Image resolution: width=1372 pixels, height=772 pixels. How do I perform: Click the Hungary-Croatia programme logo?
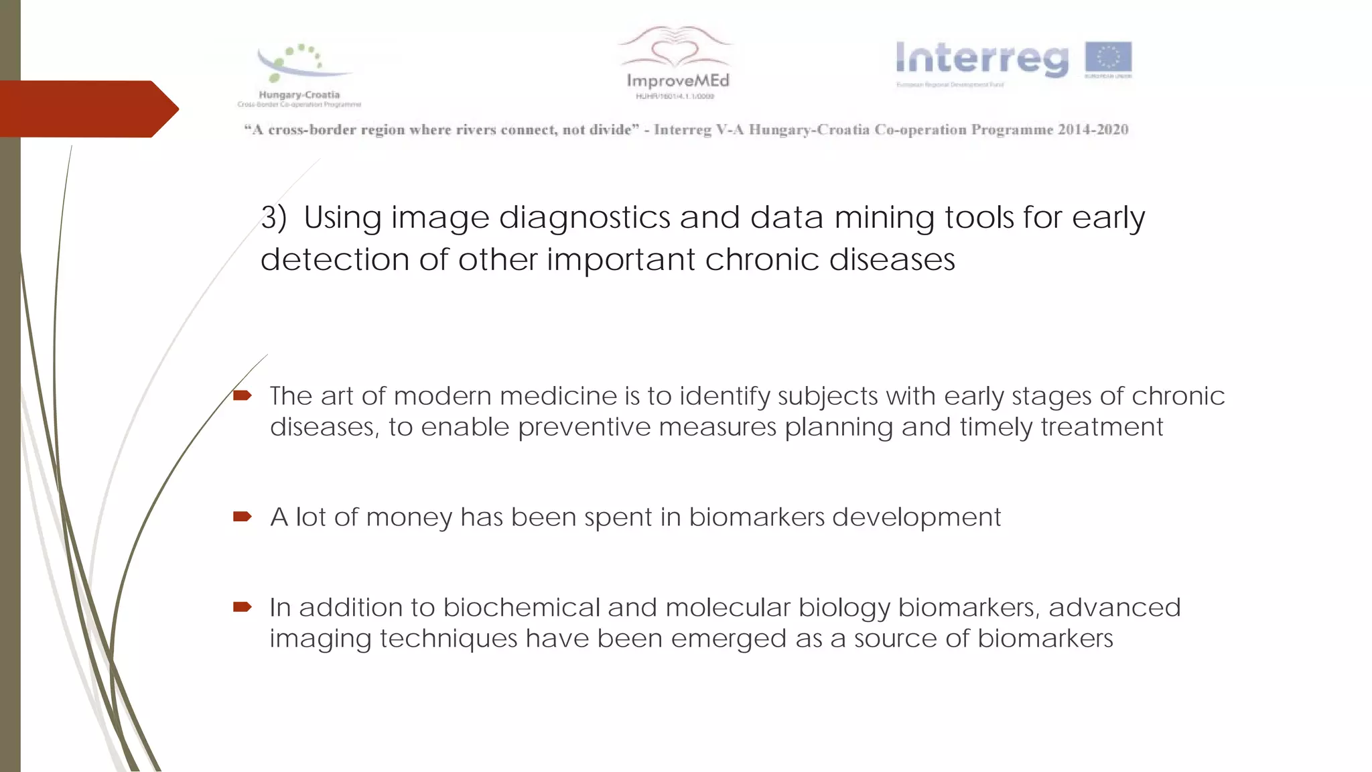pyautogui.click(x=299, y=74)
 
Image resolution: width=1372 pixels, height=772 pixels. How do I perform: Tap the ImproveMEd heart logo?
pyautogui.click(x=676, y=60)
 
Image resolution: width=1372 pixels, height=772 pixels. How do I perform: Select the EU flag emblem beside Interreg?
pyautogui.click(x=1108, y=58)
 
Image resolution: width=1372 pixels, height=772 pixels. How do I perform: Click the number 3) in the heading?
pyautogui.click(x=273, y=218)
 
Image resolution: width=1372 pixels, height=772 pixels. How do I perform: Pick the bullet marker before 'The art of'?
pyautogui.click(x=242, y=395)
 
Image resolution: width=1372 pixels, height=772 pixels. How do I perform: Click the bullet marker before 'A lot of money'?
pyautogui.click(x=242, y=516)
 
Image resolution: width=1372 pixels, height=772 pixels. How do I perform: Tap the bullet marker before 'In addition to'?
pyautogui.click(x=242, y=607)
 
